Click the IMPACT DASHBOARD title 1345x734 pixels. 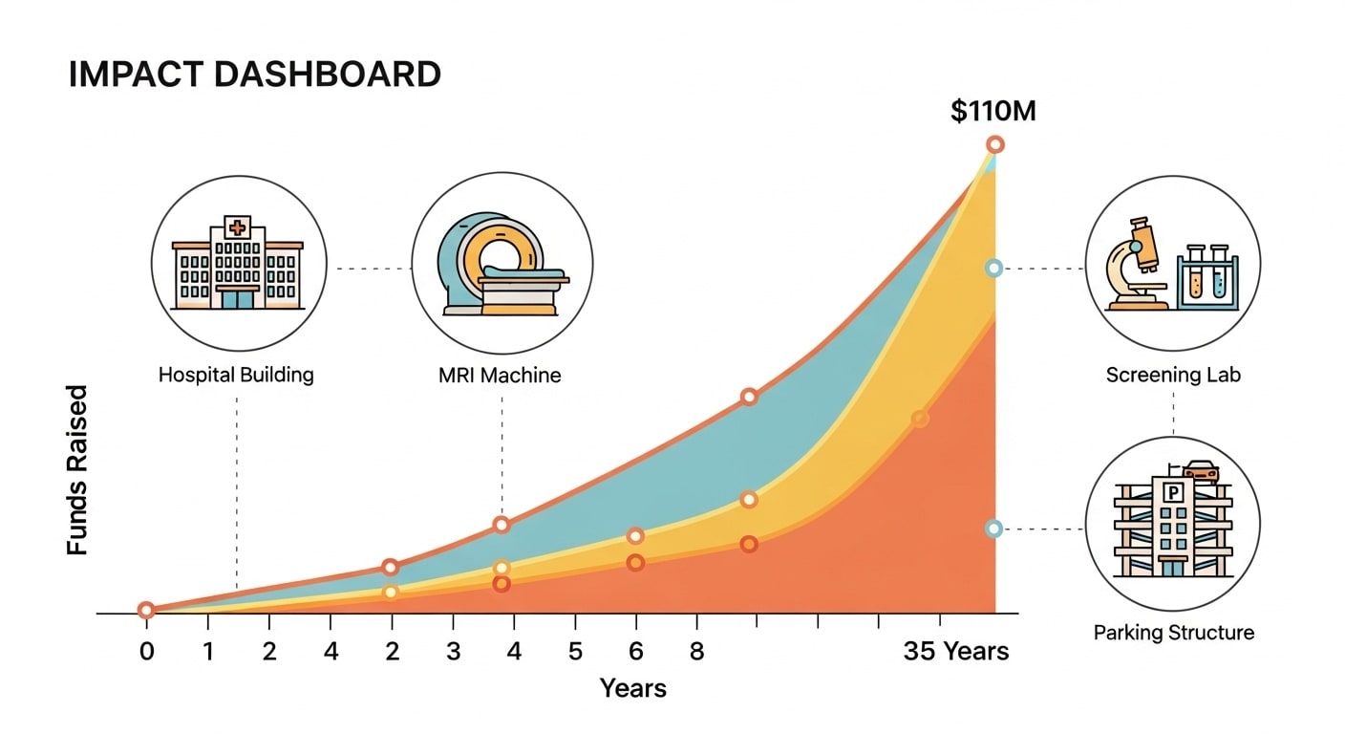254,75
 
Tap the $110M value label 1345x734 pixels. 993,112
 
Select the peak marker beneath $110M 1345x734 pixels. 994,144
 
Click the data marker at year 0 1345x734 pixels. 146,610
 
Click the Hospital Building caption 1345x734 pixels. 236,375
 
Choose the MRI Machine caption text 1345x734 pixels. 501,375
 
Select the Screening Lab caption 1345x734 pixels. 1173,375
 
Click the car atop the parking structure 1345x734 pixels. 1201,470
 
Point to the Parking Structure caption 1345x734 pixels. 1173,633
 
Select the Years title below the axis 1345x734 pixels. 632,687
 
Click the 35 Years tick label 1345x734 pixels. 955,652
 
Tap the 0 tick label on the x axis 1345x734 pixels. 146,652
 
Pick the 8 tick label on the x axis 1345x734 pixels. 697,652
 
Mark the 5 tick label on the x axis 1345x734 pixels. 575,652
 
